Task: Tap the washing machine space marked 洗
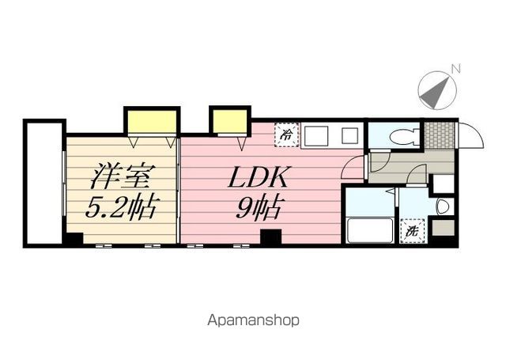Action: coord(413,232)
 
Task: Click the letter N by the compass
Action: coord(455,69)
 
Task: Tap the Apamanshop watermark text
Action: coord(253,321)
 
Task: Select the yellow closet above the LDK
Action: coord(229,120)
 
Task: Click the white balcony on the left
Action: coord(43,184)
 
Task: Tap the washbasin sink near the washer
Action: coord(444,207)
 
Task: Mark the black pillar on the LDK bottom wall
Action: coord(270,237)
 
